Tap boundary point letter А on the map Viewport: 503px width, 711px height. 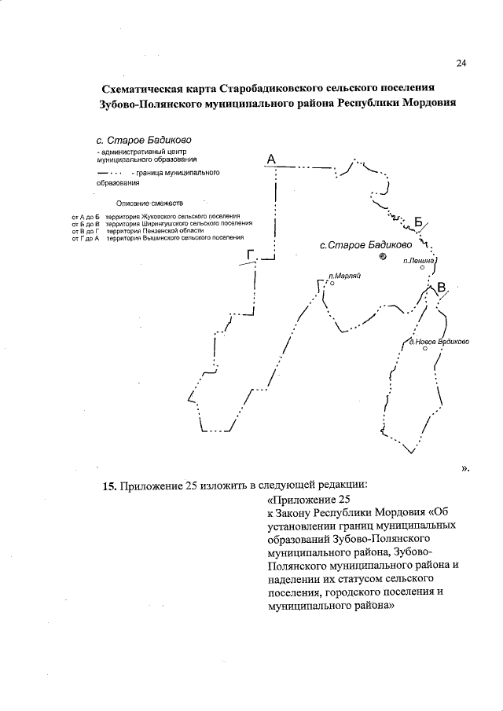[x=270, y=159]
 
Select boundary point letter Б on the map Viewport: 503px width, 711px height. [x=419, y=221]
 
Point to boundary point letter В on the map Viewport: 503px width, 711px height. [x=441, y=288]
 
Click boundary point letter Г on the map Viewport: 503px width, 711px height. [x=251, y=255]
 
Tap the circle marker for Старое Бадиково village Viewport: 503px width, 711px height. [x=383, y=256]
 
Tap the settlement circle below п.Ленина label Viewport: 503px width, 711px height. [x=423, y=268]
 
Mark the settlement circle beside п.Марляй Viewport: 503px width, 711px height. [x=332, y=284]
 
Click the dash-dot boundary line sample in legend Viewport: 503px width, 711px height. [x=109, y=171]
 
